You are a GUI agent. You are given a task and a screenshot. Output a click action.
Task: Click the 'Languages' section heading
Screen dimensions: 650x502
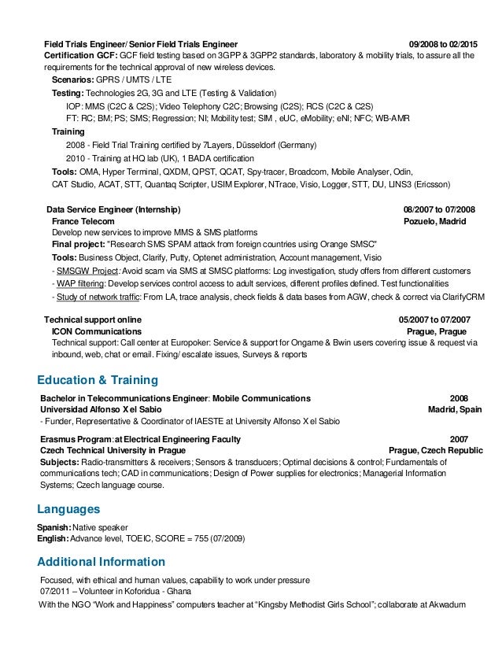69,509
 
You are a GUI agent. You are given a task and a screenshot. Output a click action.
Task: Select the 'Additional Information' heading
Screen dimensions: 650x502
102,562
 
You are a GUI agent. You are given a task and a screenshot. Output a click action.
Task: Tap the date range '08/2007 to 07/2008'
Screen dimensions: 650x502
439,210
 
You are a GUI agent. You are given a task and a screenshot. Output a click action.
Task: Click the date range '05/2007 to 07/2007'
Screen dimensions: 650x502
435,320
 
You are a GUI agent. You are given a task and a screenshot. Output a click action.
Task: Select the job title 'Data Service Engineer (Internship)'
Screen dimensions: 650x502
113,210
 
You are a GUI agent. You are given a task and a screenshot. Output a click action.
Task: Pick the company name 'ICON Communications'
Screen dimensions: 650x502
96,332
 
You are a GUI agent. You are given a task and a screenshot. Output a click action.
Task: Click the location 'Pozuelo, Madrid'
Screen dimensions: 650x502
434,222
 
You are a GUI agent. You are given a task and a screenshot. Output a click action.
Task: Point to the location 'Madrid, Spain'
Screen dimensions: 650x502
455,409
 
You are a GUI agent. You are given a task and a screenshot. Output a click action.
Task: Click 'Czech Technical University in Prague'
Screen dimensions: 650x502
113,450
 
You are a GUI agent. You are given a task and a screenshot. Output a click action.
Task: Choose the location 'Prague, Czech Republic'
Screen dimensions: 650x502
436,450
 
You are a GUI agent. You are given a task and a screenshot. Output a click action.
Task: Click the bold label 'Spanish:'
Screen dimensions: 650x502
54,526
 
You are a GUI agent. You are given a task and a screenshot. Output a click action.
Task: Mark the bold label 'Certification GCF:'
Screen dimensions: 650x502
80,56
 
